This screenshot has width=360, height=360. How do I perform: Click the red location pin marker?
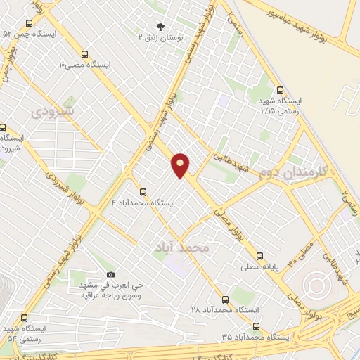[x=181, y=165]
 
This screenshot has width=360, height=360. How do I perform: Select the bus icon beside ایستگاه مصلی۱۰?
[x=85, y=53]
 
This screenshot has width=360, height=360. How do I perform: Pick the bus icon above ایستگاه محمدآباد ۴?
[x=143, y=191]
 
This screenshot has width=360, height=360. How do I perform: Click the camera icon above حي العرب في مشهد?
[x=110, y=274]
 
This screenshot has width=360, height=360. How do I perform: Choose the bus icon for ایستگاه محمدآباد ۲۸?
[x=224, y=299]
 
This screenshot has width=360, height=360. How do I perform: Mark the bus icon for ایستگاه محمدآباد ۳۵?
[x=255, y=326]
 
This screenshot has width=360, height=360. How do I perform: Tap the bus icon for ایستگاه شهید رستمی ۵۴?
[x=25, y=318]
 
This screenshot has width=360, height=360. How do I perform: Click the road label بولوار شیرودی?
[x=62, y=184]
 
